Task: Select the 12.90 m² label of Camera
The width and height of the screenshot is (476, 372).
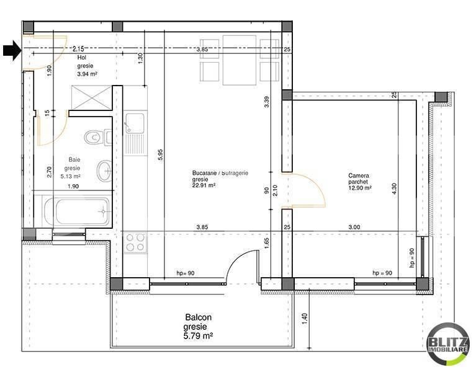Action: [360, 188]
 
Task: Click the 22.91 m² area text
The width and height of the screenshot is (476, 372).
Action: [204, 185]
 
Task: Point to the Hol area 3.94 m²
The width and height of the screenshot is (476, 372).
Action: [88, 74]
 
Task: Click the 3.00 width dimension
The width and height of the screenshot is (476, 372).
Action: [354, 228]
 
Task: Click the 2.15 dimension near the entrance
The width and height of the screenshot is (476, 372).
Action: [78, 48]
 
